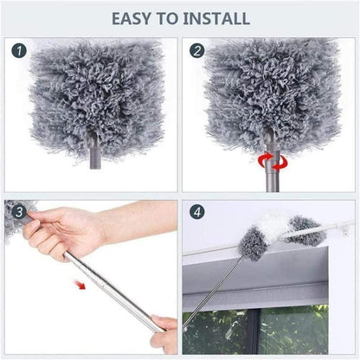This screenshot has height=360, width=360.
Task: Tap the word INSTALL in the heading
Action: tap(217, 18)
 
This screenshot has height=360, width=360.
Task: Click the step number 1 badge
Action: tap(19, 52)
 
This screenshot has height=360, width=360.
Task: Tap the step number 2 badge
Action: tap(197, 52)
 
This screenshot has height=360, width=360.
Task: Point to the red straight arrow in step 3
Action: tap(80, 283)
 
